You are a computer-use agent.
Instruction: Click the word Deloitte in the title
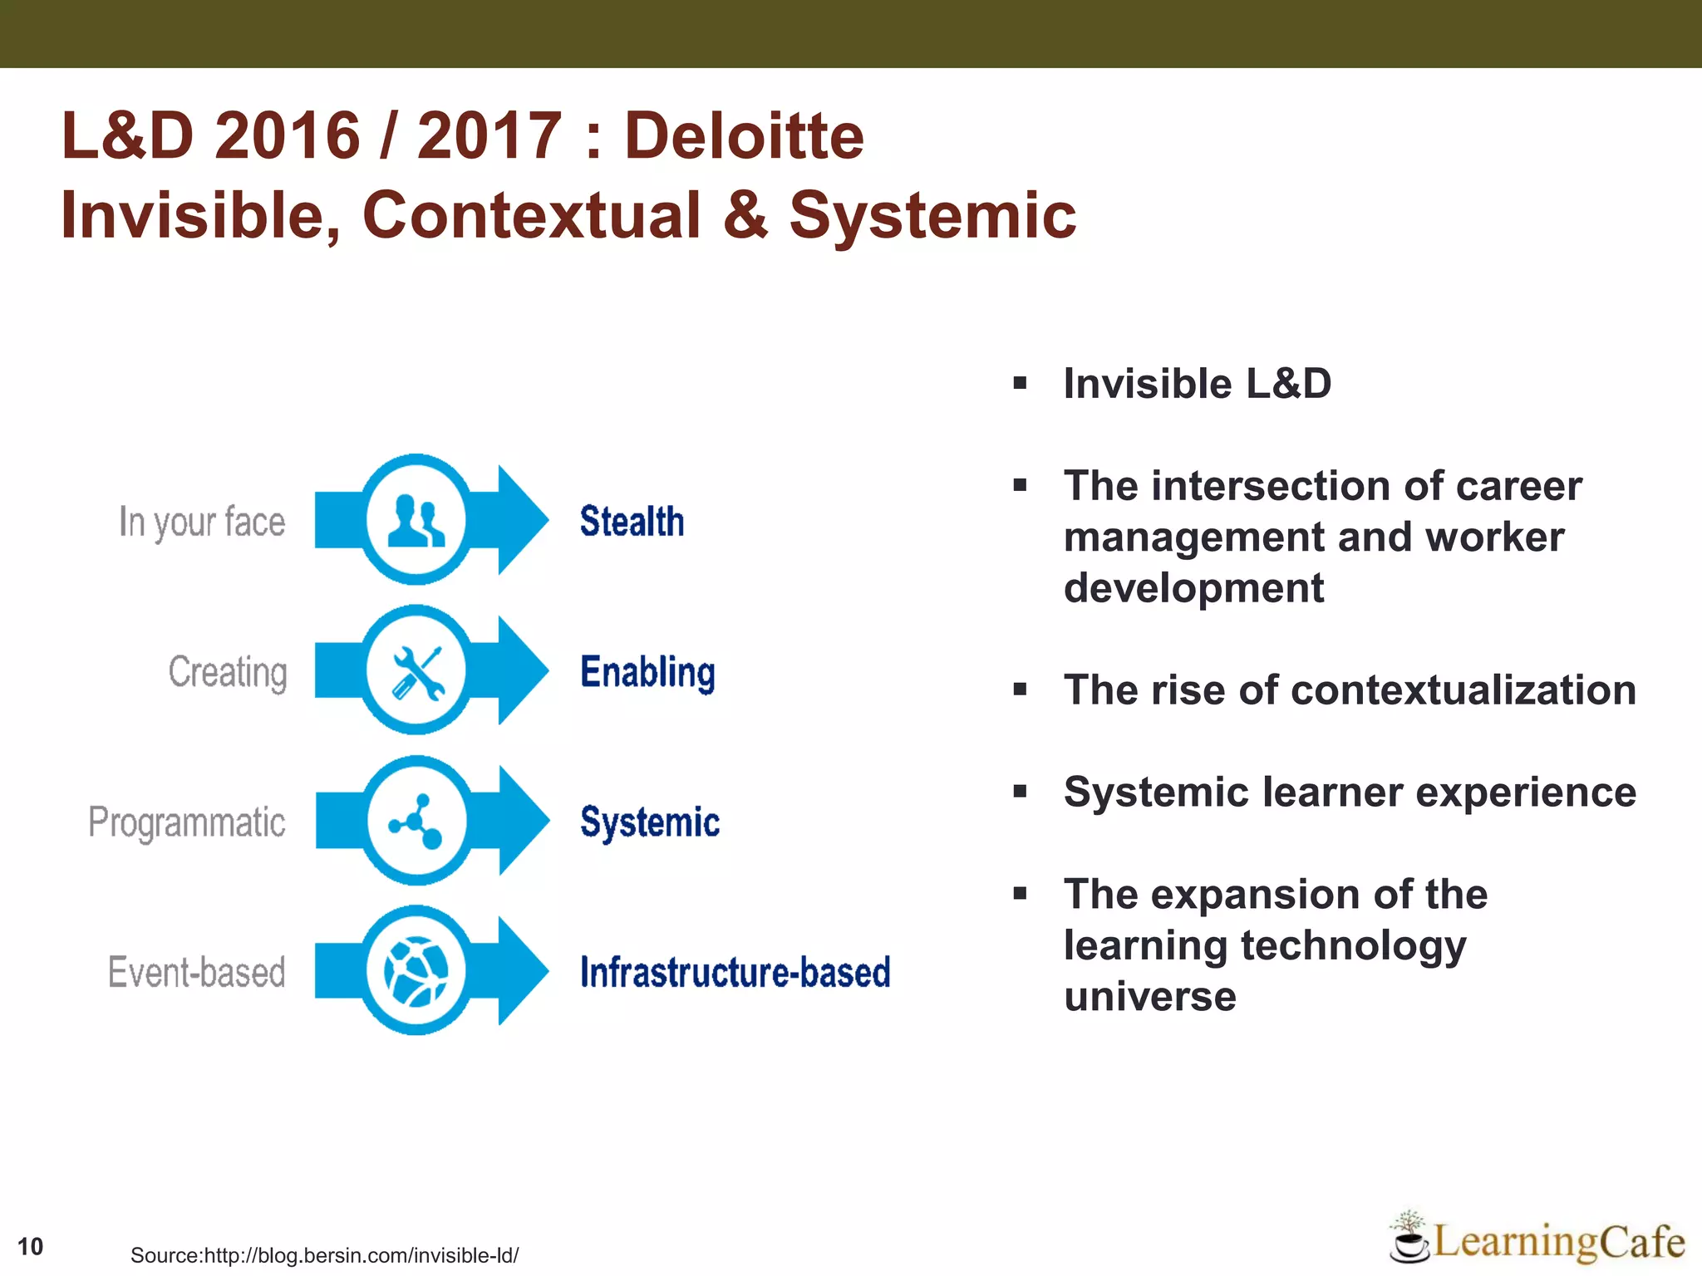coord(744,135)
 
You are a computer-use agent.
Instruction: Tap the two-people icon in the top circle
coord(416,520)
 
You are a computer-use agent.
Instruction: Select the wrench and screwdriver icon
coord(416,671)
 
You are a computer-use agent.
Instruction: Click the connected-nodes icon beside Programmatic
coord(416,822)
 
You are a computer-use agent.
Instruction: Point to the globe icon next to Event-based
coord(416,971)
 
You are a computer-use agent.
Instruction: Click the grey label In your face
coord(202,523)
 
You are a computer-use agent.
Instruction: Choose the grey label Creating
coord(228,672)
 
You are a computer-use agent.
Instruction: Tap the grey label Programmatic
coord(187,822)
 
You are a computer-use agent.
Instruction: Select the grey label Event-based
coord(197,972)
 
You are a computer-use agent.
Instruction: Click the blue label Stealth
coord(632,522)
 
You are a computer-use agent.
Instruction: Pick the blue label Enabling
coord(647,672)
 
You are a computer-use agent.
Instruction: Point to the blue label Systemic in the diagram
coord(650,822)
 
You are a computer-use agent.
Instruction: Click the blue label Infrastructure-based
coord(735,972)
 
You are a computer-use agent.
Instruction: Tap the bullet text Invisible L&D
coord(1197,384)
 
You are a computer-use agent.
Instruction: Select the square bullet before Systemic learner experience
coord(1021,792)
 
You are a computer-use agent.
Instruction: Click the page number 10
coord(30,1246)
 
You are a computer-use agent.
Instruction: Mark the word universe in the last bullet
coord(1150,996)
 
